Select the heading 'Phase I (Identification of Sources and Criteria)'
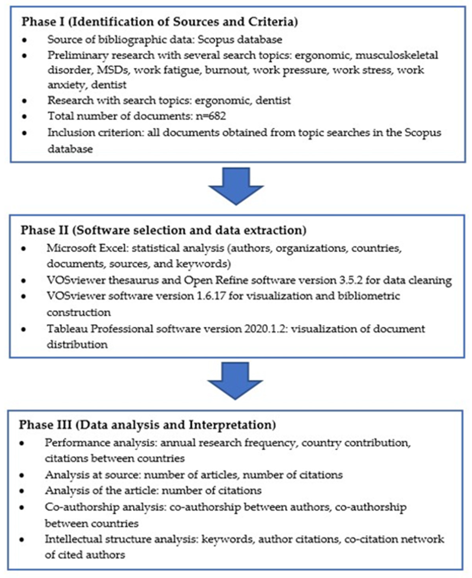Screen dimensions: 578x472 tap(160, 22)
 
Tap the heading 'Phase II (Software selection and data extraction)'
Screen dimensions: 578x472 tap(163, 230)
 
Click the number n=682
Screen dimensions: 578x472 tap(211, 116)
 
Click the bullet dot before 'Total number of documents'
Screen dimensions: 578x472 tap(25, 117)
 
